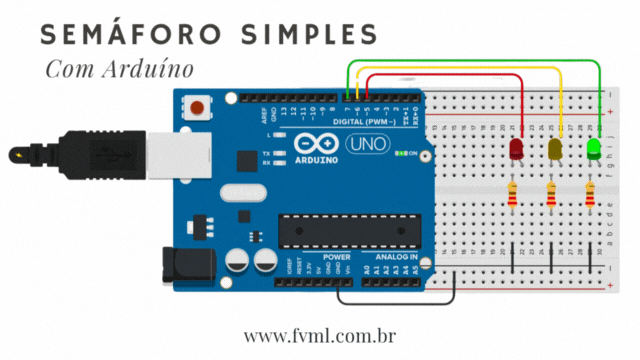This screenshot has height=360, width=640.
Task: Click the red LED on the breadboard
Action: click(x=516, y=150)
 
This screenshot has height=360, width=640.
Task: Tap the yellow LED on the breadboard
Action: click(x=555, y=150)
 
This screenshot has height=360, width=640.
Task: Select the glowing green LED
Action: click(x=593, y=150)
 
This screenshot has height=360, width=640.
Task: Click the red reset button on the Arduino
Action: click(x=199, y=106)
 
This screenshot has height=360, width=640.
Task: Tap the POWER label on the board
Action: click(x=337, y=256)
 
